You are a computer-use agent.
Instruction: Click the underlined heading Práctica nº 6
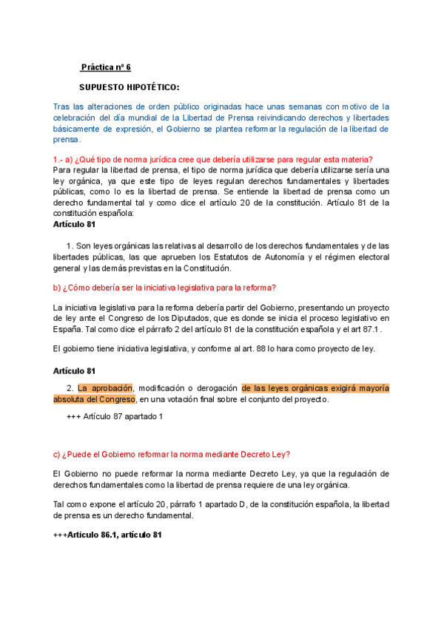pyautogui.click(x=105, y=67)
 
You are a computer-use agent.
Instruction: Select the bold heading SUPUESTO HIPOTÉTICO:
pyautogui.click(x=129, y=87)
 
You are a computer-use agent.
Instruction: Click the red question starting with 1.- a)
pyautogui.click(x=213, y=160)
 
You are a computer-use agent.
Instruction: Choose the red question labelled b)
pyautogui.click(x=165, y=288)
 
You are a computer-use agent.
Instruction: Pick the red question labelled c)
pyautogui.click(x=171, y=454)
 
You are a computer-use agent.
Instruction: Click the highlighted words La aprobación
pyautogui.click(x=105, y=388)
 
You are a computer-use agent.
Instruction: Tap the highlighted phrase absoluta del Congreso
pyautogui.click(x=94, y=399)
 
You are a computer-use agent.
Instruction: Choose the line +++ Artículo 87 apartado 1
pyautogui.click(x=115, y=416)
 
